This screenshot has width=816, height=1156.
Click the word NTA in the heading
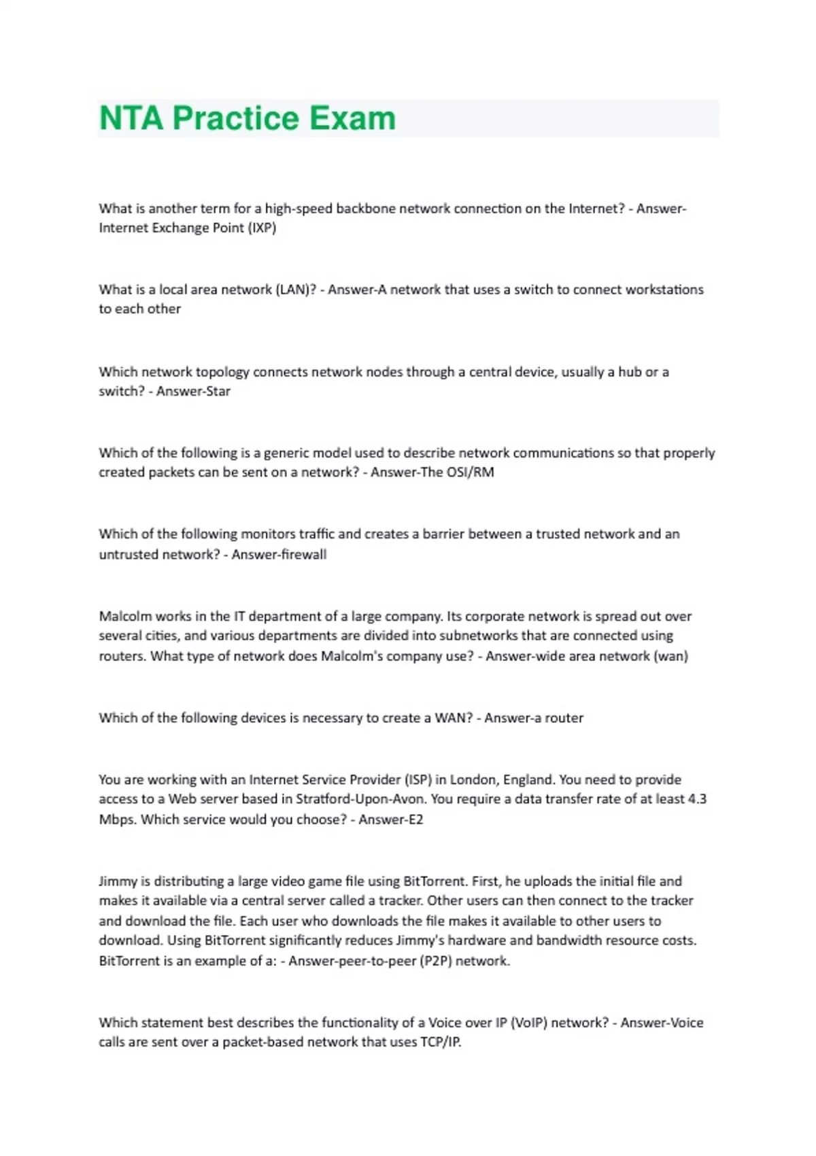[x=131, y=118]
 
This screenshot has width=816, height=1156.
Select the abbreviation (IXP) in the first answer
[x=262, y=228]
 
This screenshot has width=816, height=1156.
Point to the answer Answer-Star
[x=193, y=391]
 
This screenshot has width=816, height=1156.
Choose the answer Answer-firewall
[x=279, y=554]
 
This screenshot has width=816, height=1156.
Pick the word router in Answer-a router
[x=564, y=718]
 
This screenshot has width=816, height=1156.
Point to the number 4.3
[x=697, y=799]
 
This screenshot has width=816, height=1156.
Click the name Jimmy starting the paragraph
[x=118, y=881]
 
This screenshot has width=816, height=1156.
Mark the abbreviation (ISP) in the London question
[x=418, y=779]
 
